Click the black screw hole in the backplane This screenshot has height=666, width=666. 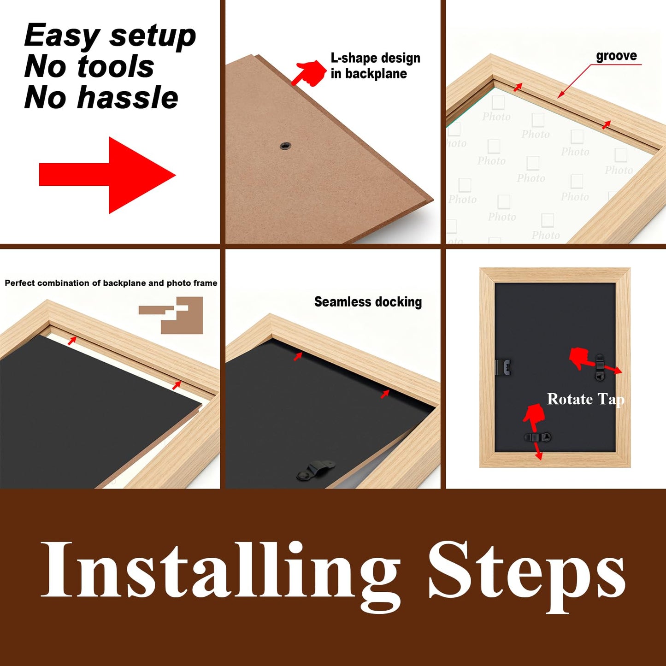point(285,146)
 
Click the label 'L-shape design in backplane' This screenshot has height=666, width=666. point(375,65)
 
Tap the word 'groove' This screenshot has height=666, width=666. point(616,56)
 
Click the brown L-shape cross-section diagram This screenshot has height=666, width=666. point(171,315)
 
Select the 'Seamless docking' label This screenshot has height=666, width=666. point(368,302)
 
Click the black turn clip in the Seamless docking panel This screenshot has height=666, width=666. point(315,470)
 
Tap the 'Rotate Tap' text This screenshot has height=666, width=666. point(585,399)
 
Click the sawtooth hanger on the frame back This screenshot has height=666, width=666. point(504,367)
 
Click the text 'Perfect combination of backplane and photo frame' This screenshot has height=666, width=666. point(111,283)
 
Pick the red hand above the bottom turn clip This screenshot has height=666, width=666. point(533,417)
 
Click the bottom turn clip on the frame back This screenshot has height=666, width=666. point(537,437)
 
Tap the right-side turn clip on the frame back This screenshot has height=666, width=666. point(600,367)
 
